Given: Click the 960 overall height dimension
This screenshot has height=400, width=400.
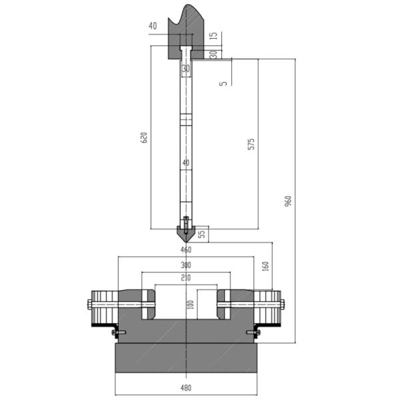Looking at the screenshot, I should click(288, 201).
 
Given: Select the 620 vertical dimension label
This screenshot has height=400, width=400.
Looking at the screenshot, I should click(143, 137).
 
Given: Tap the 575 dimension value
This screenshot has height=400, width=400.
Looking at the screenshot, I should click(251, 143).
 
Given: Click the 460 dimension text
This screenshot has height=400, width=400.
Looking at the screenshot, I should click(186, 250).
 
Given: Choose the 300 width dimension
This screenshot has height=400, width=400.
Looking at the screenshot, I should click(186, 265).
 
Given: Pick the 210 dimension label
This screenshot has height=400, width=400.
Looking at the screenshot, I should click(186, 278).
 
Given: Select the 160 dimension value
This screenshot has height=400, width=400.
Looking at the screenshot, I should click(266, 265).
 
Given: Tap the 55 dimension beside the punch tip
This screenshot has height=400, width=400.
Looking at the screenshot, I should click(203, 234).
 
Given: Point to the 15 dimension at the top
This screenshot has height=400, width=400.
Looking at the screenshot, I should click(214, 35).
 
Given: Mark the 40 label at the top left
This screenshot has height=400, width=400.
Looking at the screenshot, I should click(153, 26).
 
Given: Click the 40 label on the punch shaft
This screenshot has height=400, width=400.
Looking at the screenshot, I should click(186, 163).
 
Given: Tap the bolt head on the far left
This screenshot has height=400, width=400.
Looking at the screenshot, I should click(89, 305).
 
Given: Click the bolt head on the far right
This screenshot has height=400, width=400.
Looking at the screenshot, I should click(283, 305).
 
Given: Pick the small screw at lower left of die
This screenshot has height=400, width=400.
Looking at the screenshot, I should click(115, 332).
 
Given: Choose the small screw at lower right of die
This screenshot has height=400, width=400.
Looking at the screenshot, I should click(255, 332).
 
